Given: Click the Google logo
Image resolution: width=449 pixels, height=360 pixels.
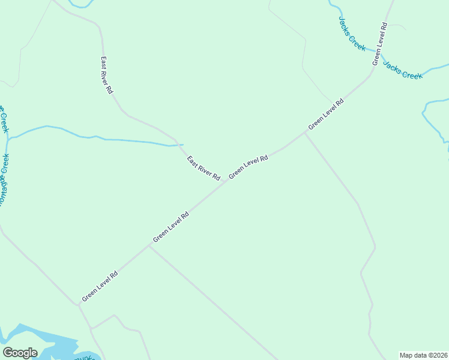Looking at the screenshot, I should (x=20, y=353).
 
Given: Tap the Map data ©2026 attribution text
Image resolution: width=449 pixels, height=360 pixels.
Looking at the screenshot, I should (x=423, y=355).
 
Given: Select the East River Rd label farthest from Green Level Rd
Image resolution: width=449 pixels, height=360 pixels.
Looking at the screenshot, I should (x=107, y=75).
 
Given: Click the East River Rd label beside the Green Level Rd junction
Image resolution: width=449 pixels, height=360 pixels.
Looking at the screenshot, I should (x=203, y=169).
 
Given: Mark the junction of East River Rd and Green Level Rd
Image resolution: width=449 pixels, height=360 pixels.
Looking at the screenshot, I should (x=226, y=182).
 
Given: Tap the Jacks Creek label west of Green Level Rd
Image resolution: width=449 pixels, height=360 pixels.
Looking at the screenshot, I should (x=351, y=34).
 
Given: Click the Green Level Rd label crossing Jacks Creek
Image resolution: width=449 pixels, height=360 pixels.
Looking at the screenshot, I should (x=379, y=44).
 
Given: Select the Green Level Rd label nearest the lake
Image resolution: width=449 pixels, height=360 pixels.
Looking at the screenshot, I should (x=100, y=286).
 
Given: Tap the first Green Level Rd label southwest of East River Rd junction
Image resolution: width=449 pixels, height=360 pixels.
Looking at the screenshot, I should (x=171, y=227).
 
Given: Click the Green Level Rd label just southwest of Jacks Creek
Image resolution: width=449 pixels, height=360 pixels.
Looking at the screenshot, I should (x=326, y=114).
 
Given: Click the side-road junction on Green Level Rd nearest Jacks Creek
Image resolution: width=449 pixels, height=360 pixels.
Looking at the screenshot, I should (x=305, y=134).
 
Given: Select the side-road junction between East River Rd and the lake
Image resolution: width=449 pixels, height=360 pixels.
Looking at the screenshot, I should (x=149, y=246).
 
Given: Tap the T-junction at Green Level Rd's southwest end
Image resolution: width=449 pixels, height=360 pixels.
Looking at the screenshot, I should (x=78, y=304).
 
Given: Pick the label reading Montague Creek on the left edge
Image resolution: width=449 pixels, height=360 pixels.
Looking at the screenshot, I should (x=5, y=180).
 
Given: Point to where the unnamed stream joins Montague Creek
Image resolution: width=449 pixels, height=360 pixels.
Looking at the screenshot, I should (x=8, y=139).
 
